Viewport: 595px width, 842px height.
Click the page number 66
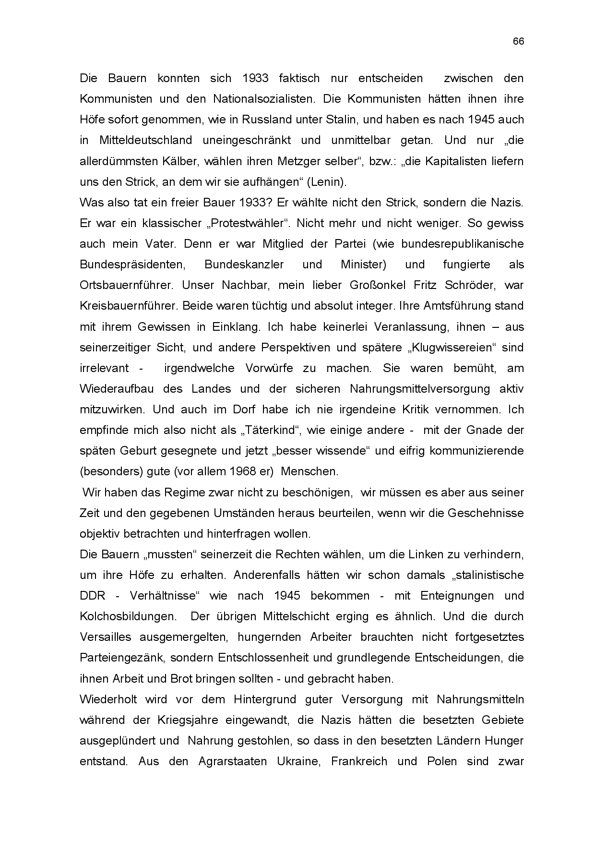point(518,41)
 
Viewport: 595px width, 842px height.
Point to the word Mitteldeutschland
point(145,140)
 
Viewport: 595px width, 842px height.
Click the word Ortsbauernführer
point(126,285)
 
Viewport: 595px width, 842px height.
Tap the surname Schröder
point(471,285)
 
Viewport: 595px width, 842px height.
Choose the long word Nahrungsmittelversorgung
point(420,389)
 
